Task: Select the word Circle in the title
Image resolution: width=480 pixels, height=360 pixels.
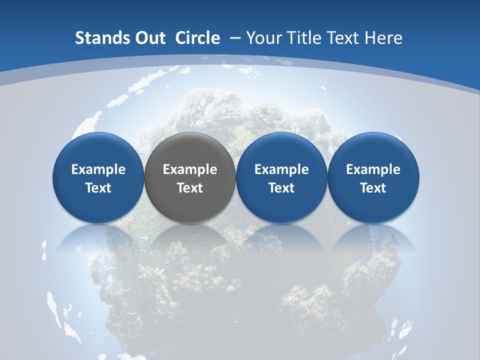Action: (197, 38)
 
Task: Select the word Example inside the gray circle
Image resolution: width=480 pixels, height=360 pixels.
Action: (190, 169)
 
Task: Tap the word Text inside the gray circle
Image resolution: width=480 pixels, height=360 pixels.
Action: (190, 188)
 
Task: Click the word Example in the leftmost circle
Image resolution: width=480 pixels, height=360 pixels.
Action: (98, 169)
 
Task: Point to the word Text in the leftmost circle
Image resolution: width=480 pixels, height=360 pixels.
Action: (98, 188)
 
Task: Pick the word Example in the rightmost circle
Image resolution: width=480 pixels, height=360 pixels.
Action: (373, 169)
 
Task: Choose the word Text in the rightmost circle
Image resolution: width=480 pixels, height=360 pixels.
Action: (373, 188)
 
